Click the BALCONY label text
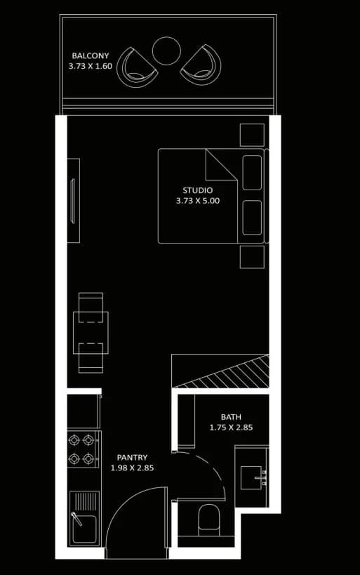click(x=91, y=55)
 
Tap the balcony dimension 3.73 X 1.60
click(x=91, y=67)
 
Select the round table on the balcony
click(x=166, y=51)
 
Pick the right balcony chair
click(x=201, y=65)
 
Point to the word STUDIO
click(x=198, y=190)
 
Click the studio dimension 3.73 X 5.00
click(x=198, y=201)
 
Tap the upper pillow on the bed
click(x=252, y=173)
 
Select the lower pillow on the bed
click(x=252, y=218)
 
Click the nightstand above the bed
click(x=252, y=135)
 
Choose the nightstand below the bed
click(x=252, y=257)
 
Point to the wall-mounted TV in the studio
click(x=72, y=201)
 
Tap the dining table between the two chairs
click(x=91, y=333)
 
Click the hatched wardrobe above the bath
click(x=220, y=371)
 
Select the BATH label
click(x=231, y=417)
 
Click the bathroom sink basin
click(x=251, y=477)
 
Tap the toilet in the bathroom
click(x=208, y=520)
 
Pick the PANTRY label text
click(x=132, y=458)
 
